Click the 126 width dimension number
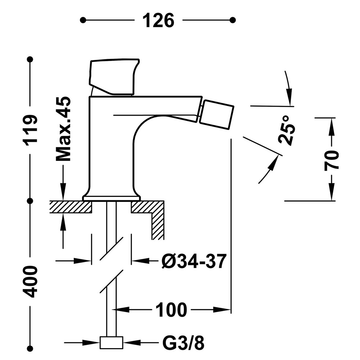pos(158,21)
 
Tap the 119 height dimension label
pos(30,130)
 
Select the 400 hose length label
pos(30,282)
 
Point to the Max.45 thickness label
pos(63,129)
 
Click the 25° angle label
pos(287,130)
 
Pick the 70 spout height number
pos(332,161)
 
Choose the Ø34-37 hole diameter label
pos(194,261)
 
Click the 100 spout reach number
pos(171,310)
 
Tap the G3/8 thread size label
pos(183,343)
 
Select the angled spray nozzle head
pos(216,114)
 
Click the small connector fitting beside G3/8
pos(111,343)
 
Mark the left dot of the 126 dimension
pos(83,20)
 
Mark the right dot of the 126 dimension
pos(233,20)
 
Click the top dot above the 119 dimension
pos(30,59)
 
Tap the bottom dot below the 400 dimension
pos(30,348)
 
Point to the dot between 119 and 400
pos(30,201)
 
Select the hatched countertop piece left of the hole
pos(71,207)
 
